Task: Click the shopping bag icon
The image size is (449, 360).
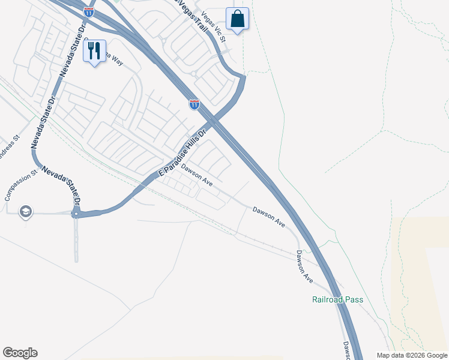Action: pyautogui.click(x=238, y=19)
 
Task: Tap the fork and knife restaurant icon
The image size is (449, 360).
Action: pyautogui.click(x=94, y=52)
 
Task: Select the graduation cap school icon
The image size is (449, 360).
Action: pyautogui.click(x=26, y=212)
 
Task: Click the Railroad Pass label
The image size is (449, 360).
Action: pyautogui.click(x=338, y=299)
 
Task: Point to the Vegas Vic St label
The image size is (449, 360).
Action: pyautogui.click(x=213, y=27)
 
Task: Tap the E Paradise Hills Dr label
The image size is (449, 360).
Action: pyautogui.click(x=181, y=153)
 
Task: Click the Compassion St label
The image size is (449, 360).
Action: pyautogui.click(x=21, y=185)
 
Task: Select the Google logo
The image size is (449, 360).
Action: pyautogui.click(x=20, y=353)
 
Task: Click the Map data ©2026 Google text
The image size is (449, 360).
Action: pyautogui.click(x=412, y=355)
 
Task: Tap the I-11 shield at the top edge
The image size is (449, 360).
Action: pyautogui.click(x=88, y=11)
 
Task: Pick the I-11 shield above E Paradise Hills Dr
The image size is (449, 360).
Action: pyautogui.click(x=194, y=104)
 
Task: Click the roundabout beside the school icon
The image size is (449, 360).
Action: pyautogui.click(x=76, y=213)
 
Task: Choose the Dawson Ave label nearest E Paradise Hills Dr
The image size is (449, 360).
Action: pyautogui.click(x=197, y=175)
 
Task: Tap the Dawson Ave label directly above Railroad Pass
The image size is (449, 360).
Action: pyautogui.click(x=305, y=266)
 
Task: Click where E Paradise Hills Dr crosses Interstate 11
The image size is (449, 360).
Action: pyautogui.click(x=215, y=122)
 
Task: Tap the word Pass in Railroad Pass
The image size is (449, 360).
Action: pyautogui.click(x=354, y=299)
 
